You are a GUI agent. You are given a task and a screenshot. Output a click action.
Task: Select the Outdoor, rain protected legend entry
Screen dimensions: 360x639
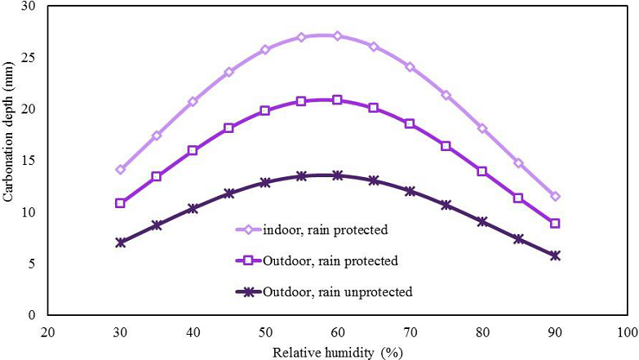[x=330, y=261]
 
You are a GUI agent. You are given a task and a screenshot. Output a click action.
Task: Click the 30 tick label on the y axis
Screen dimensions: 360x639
[x=30, y=6]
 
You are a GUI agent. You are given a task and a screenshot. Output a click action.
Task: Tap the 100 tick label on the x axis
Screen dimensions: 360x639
[x=627, y=333]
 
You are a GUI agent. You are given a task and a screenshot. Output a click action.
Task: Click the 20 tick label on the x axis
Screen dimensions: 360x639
[x=48, y=333]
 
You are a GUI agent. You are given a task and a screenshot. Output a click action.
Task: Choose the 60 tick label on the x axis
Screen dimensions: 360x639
[x=337, y=333]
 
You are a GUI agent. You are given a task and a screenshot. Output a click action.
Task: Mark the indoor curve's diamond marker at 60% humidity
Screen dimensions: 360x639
[x=337, y=36]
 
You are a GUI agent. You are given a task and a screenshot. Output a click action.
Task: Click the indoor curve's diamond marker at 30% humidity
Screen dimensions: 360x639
[x=121, y=170]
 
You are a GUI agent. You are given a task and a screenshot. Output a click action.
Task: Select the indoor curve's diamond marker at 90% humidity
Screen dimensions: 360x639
[x=555, y=196]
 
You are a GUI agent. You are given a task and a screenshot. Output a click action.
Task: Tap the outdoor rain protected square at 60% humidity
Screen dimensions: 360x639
[x=337, y=100]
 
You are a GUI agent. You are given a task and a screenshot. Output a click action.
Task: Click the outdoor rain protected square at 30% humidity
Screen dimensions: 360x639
[x=121, y=203]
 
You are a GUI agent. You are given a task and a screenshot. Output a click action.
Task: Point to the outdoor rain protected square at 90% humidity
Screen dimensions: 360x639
[x=555, y=223]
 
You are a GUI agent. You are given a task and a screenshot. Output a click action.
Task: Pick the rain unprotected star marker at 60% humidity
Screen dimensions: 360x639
[x=337, y=175]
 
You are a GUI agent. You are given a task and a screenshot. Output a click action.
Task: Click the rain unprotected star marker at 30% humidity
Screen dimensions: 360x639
[x=121, y=242]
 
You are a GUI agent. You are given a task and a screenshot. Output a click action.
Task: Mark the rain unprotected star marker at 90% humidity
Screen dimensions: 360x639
[x=555, y=256]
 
